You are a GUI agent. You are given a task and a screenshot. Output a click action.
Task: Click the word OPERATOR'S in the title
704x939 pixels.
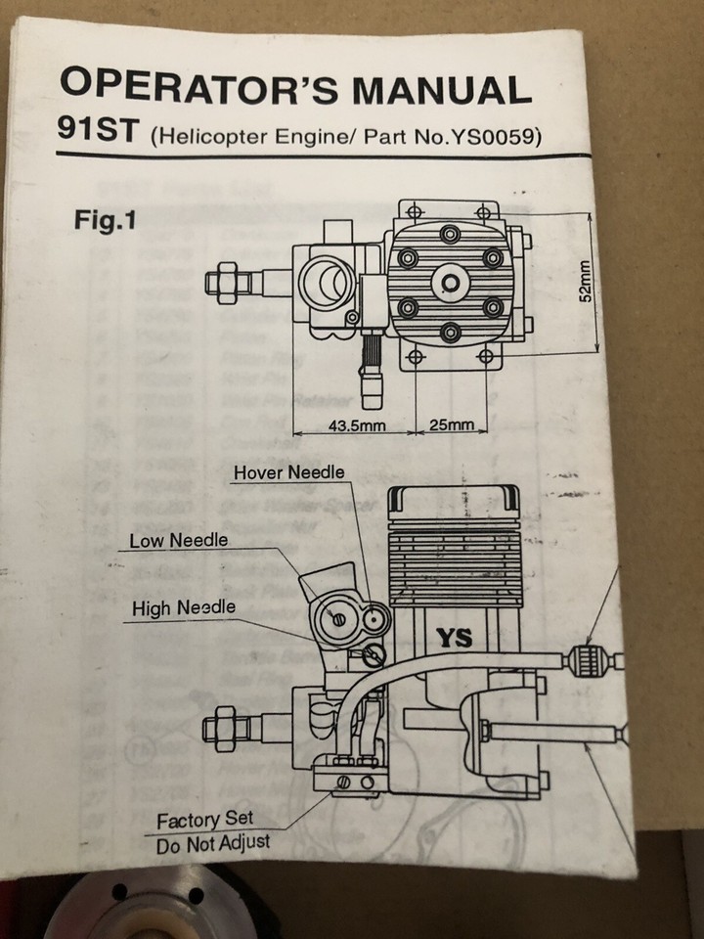click(x=199, y=88)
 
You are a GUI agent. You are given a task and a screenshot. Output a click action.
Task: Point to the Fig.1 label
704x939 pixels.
click(x=104, y=220)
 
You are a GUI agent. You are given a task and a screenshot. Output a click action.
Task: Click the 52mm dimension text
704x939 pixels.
click(x=585, y=282)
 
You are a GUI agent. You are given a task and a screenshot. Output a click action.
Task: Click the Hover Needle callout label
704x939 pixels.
click(x=288, y=472)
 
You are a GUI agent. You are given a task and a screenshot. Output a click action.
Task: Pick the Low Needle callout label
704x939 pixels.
click(x=179, y=541)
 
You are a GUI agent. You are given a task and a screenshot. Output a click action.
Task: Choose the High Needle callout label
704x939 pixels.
click(x=184, y=608)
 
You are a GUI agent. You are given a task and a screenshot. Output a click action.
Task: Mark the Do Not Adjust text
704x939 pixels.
click(x=212, y=842)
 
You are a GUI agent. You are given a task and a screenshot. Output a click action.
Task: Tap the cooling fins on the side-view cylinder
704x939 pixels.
click(x=453, y=562)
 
